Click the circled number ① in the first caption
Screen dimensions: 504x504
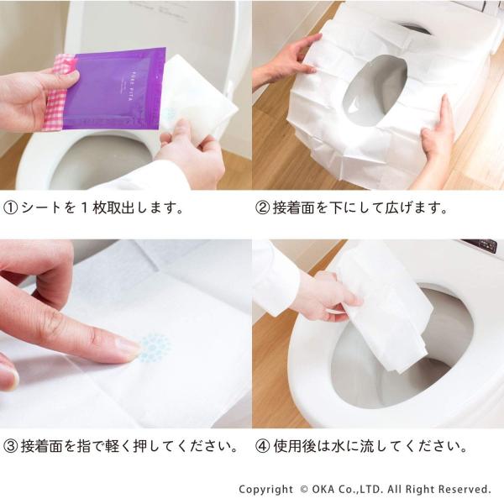11,208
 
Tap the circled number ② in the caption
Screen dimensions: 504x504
262,208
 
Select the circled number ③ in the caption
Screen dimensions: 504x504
11,446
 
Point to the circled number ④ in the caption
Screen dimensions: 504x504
262,446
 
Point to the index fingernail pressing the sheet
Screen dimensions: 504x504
130,347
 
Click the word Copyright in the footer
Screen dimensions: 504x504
265,490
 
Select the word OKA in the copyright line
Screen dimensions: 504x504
323,489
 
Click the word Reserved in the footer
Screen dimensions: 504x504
465,489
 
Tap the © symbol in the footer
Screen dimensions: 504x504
304,489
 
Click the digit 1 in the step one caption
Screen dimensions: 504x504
84,208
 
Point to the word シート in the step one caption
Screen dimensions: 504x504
41,208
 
